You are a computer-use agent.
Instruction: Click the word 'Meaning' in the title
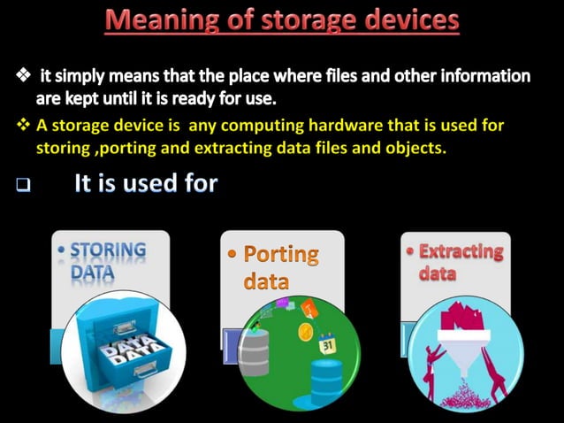coord(157,20)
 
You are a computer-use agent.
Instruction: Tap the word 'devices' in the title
coord(409,20)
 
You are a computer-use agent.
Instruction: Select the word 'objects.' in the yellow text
coord(417,148)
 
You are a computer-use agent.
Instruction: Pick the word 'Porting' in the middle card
coord(280,255)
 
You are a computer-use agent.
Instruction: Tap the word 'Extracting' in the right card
coord(461,251)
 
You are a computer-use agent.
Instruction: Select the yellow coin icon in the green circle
coord(305,332)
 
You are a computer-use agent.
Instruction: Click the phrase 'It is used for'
coord(145,185)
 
